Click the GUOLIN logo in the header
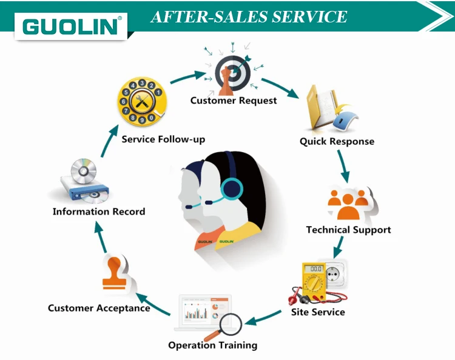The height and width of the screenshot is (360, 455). [72, 26]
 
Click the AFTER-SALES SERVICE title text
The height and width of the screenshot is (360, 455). [249, 16]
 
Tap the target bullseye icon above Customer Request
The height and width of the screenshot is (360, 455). [233, 72]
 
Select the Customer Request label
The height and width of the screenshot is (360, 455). [234, 100]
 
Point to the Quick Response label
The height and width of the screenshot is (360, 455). [337, 141]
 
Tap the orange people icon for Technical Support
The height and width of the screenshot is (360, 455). [348, 204]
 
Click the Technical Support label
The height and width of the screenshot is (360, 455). [348, 230]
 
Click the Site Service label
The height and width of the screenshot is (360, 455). [318, 312]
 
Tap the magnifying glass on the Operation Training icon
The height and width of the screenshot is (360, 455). [229, 325]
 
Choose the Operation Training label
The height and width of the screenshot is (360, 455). [212, 345]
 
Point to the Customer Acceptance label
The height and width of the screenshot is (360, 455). [99, 308]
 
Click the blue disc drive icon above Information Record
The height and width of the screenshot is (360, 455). [84, 182]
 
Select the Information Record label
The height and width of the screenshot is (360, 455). [99, 212]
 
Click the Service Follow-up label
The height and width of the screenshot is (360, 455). [163, 139]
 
